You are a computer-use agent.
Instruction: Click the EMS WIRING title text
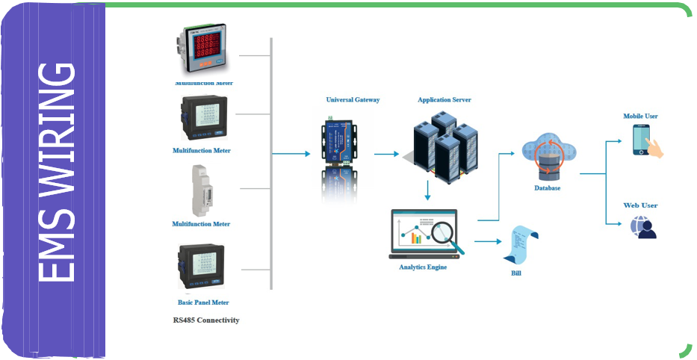(x=58, y=173)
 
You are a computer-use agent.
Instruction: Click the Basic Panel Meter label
(x=202, y=302)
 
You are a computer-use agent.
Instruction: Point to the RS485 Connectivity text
(x=206, y=320)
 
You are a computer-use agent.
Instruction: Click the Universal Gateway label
(x=353, y=99)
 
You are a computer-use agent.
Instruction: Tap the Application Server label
(x=444, y=99)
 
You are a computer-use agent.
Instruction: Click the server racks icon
(x=444, y=146)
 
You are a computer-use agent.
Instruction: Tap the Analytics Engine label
(x=423, y=267)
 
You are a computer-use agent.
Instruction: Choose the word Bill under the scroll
(x=515, y=273)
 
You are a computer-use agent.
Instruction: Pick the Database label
(x=547, y=188)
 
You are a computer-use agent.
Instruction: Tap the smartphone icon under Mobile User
(x=642, y=140)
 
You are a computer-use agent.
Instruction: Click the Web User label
(x=640, y=205)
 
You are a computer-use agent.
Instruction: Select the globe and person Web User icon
(x=642, y=227)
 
